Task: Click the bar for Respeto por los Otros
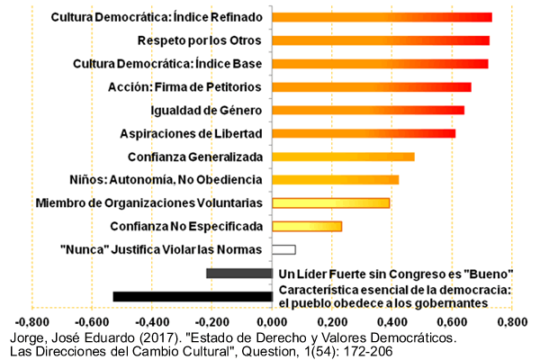[381, 40]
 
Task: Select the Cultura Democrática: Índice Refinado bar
[382, 17]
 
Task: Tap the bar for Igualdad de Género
[368, 110]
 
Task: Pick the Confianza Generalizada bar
[343, 157]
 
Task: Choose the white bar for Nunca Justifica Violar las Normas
[283, 249]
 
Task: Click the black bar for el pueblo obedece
[193, 296]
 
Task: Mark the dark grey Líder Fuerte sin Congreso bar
[238, 273]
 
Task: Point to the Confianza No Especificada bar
[307, 226]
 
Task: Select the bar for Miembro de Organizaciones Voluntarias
[330, 202]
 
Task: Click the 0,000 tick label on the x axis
[272, 321]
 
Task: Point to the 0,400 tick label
[392, 321]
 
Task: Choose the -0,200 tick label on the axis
[211, 321]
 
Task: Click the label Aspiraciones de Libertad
[191, 133]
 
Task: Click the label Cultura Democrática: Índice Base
[167, 64]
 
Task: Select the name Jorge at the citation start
[22, 338]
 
